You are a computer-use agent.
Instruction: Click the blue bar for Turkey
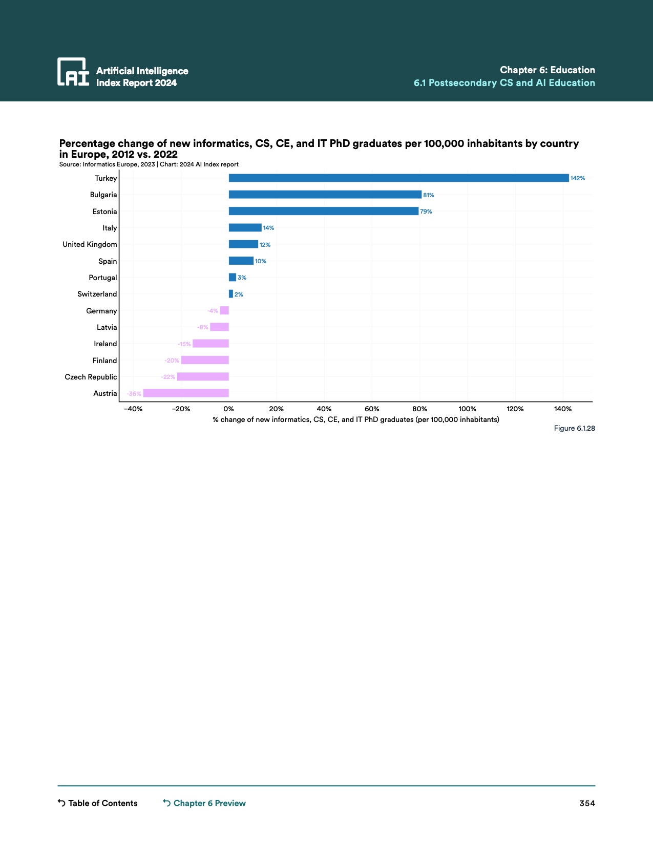pyautogui.click(x=398, y=178)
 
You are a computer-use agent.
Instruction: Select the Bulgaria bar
pyautogui.click(x=325, y=195)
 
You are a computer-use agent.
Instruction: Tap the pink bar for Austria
pyautogui.click(x=186, y=393)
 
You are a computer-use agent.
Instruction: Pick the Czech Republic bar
pyautogui.click(x=203, y=377)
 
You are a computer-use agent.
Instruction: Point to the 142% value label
pyautogui.click(x=577, y=179)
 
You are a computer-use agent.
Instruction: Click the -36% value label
pyautogui.click(x=134, y=394)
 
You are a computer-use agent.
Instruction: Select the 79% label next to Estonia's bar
pyautogui.click(x=426, y=212)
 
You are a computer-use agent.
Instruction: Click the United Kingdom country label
pyautogui.click(x=90, y=244)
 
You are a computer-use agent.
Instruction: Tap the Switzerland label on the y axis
pyautogui.click(x=97, y=294)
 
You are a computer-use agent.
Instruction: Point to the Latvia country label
pyautogui.click(x=107, y=327)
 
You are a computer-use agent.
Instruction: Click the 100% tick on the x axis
pyautogui.click(x=467, y=409)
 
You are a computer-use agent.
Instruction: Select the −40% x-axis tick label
pyautogui.click(x=133, y=409)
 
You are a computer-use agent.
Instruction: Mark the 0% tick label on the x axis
pyautogui.click(x=228, y=409)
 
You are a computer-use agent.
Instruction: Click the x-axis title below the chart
pyautogui.click(x=356, y=419)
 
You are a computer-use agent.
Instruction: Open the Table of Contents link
pyautogui.click(x=98, y=803)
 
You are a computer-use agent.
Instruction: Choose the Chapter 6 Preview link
pyautogui.click(x=204, y=803)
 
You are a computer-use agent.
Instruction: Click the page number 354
pyautogui.click(x=587, y=803)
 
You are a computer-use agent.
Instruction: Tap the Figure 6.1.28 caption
pyautogui.click(x=574, y=428)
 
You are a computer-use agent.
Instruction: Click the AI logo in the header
pyautogui.click(x=73, y=72)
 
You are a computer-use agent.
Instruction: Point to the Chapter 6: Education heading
pyautogui.click(x=547, y=70)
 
